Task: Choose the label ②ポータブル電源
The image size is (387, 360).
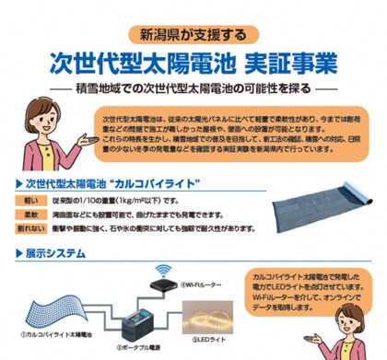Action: [x=136, y=351]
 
